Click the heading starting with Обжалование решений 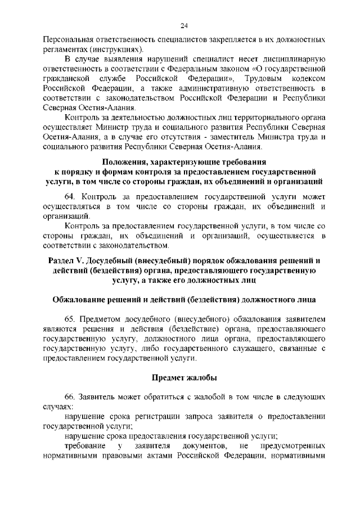(184, 299)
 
